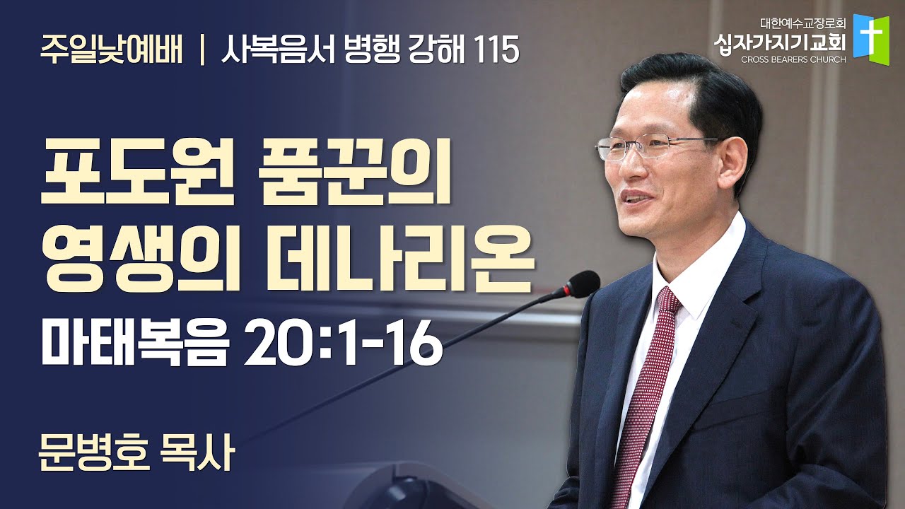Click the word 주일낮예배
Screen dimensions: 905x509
click(x=111, y=50)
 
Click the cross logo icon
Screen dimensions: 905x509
click(x=871, y=40)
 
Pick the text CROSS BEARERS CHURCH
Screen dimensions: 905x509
click(x=793, y=60)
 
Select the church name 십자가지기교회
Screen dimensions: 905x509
click(x=780, y=42)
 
